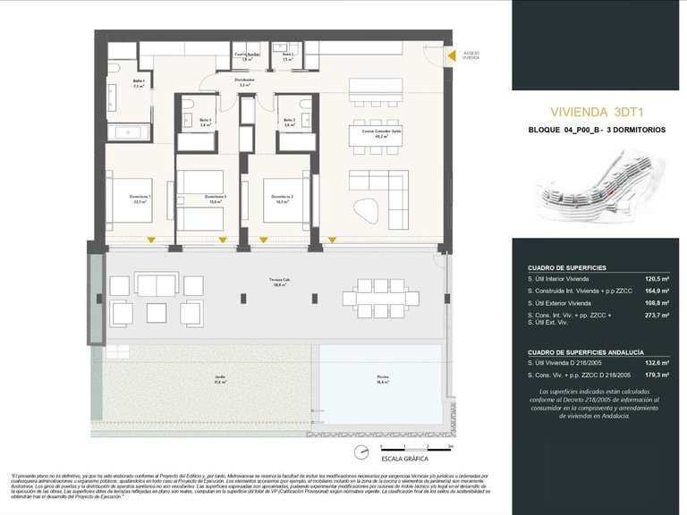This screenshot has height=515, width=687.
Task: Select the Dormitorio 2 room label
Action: point(283,198)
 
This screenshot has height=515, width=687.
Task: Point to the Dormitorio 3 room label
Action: point(215,198)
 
